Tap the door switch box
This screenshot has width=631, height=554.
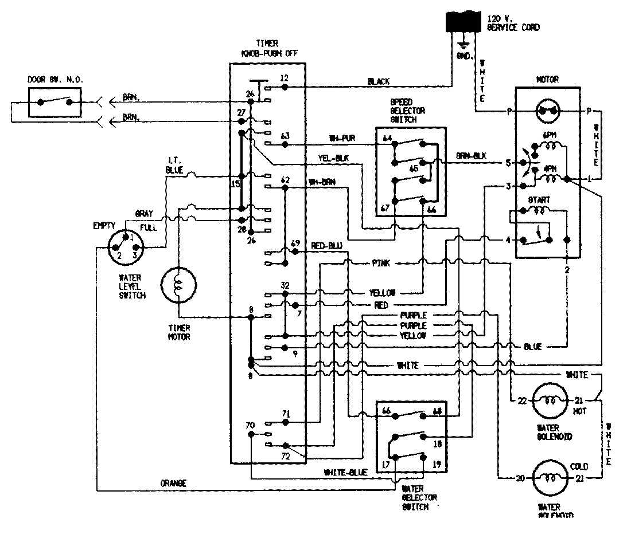click(x=55, y=103)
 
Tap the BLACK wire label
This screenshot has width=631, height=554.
click(x=378, y=81)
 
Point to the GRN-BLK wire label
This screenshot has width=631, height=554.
click(x=471, y=155)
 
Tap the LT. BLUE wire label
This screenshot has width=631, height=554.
click(x=174, y=166)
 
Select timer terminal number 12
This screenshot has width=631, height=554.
click(x=284, y=77)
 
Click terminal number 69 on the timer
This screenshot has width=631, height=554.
click(x=295, y=243)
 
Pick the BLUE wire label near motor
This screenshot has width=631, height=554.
click(x=533, y=347)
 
